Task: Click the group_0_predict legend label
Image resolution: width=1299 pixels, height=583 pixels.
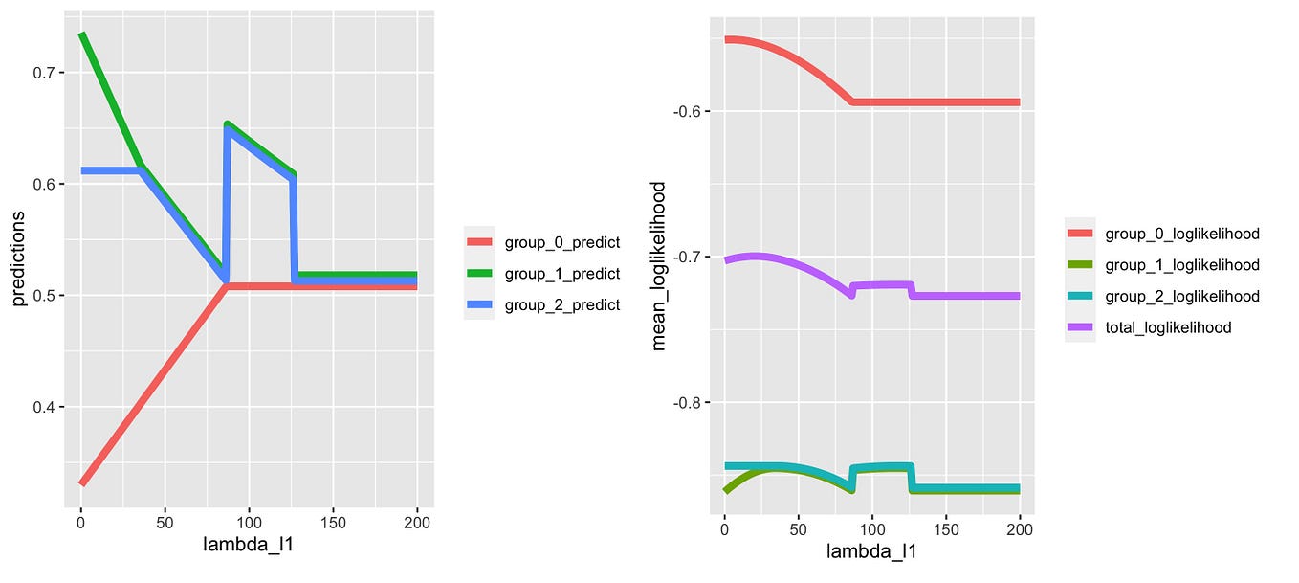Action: click(x=562, y=242)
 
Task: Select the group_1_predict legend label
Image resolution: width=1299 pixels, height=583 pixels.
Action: click(x=562, y=274)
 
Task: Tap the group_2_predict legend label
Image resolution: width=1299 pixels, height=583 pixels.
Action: click(x=562, y=304)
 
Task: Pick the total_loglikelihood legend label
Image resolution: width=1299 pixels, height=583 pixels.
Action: click(x=1168, y=327)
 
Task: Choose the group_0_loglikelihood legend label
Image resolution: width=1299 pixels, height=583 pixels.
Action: click(x=1182, y=234)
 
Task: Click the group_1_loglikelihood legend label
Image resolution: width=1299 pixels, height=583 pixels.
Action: click(x=1182, y=265)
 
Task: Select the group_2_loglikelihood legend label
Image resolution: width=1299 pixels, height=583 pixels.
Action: click(x=1182, y=296)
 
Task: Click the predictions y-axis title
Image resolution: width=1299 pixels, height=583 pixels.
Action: click(x=19, y=260)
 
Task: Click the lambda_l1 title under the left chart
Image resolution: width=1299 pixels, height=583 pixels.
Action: click(x=249, y=546)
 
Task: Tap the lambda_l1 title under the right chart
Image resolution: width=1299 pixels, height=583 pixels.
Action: click(x=872, y=552)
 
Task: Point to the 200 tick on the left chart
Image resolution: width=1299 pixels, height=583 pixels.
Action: click(x=417, y=524)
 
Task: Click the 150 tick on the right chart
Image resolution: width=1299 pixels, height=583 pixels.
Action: click(x=945, y=529)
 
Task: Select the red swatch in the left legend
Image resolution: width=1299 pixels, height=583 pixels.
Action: click(x=479, y=242)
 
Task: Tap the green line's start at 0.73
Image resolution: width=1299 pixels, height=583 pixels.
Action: click(x=82, y=35)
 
